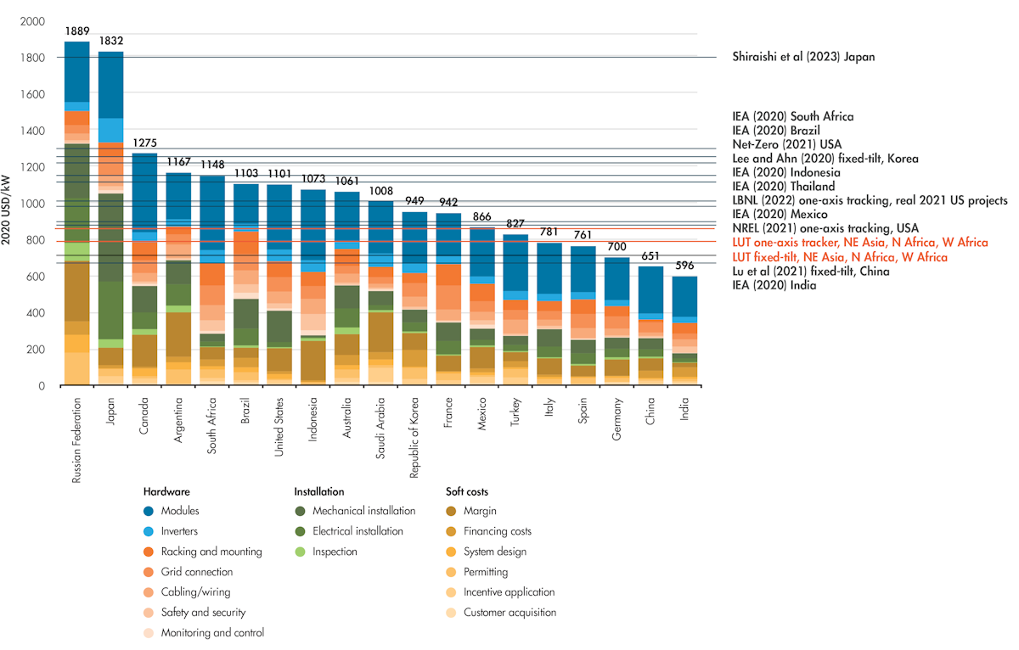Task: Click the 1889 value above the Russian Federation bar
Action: point(76,31)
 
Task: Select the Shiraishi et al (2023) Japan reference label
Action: point(802,57)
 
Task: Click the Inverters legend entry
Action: point(179,531)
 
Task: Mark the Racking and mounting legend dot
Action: point(149,552)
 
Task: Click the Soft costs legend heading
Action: point(467,491)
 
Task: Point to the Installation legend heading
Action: point(318,491)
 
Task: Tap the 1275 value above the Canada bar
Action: point(146,143)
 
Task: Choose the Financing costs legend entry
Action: point(498,531)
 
